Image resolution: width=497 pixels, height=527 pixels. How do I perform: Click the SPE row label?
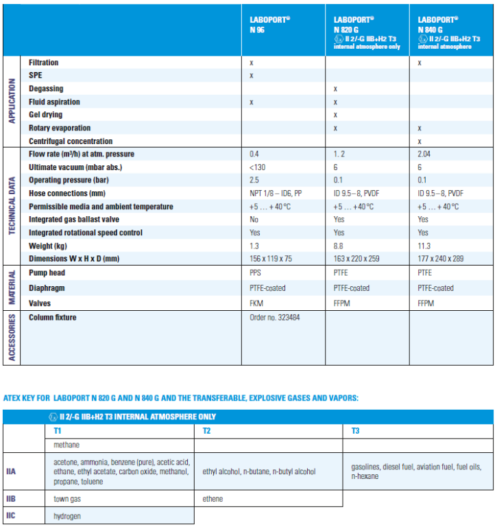pos(36,75)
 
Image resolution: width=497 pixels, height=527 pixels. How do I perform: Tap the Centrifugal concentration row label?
pos(70,141)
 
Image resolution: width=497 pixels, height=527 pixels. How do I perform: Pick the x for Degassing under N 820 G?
pos(335,89)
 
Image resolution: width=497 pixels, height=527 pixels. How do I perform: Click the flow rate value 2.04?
pos(424,154)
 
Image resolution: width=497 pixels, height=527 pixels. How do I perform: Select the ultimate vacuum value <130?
pos(258,167)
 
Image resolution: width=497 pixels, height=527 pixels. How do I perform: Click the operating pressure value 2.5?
pos(254,180)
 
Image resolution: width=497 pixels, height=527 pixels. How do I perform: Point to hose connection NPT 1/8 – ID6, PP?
pos(276,194)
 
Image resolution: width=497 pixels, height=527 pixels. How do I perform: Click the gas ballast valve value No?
pos(254,220)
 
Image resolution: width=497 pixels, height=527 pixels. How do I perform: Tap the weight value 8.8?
pos(338,246)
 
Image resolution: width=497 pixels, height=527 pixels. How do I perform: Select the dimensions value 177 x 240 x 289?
pos(443,259)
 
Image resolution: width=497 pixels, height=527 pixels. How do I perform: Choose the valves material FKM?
pos(257,303)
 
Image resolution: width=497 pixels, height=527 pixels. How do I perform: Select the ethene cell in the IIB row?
pos(213,499)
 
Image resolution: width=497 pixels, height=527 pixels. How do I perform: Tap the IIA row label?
pos(11,472)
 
